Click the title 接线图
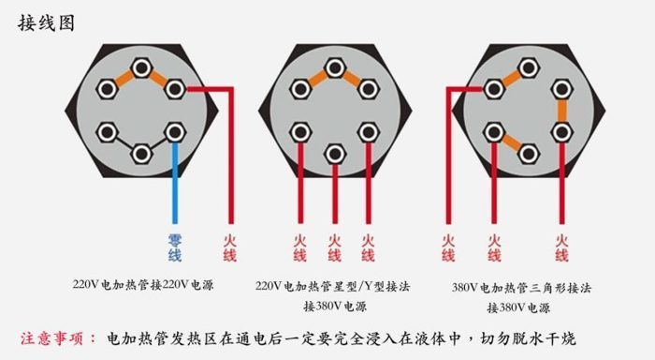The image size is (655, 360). [x=44, y=22]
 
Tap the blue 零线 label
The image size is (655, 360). [x=175, y=247]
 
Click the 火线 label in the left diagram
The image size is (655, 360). [x=229, y=247]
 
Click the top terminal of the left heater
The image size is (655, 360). [x=141, y=67]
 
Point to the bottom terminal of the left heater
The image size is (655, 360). [x=141, y=152]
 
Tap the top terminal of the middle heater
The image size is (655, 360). [x=334, y=67]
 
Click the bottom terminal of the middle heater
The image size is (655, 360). [x=334, y=152]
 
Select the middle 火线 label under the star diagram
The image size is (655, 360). [x=334, y=247]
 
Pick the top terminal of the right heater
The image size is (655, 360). [x=529, y=67]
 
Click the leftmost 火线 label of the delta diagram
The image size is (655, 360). [x=448, y=247]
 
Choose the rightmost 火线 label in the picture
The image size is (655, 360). [x=561, y=247]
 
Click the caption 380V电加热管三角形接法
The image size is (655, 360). [x=521, y=287]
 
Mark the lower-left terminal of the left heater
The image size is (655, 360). [x=109, y=130]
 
